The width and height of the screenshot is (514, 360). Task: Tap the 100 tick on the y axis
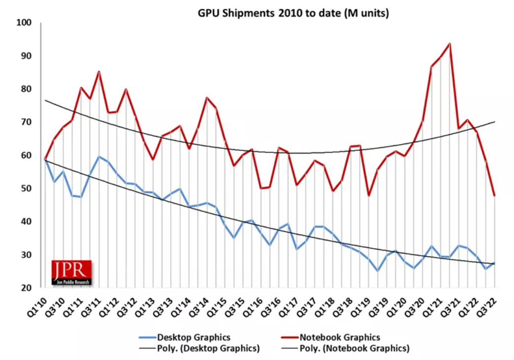point(24,23)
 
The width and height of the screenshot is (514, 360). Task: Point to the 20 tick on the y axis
point(26,288)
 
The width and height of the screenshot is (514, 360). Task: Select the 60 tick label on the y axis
point(26,155)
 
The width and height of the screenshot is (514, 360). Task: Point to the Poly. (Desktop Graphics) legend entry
point(200,349)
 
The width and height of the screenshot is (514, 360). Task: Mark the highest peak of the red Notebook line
point(450,43)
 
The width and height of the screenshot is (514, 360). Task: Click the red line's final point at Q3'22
point(494,196)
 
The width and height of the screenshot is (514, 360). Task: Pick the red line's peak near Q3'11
point(99,72)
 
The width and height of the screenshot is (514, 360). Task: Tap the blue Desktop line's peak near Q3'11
point(99,157)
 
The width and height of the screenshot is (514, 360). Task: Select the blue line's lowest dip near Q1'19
point(378,271)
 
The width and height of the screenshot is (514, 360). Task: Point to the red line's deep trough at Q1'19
point(368,196)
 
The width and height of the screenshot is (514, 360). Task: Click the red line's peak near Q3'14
point(207,98)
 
